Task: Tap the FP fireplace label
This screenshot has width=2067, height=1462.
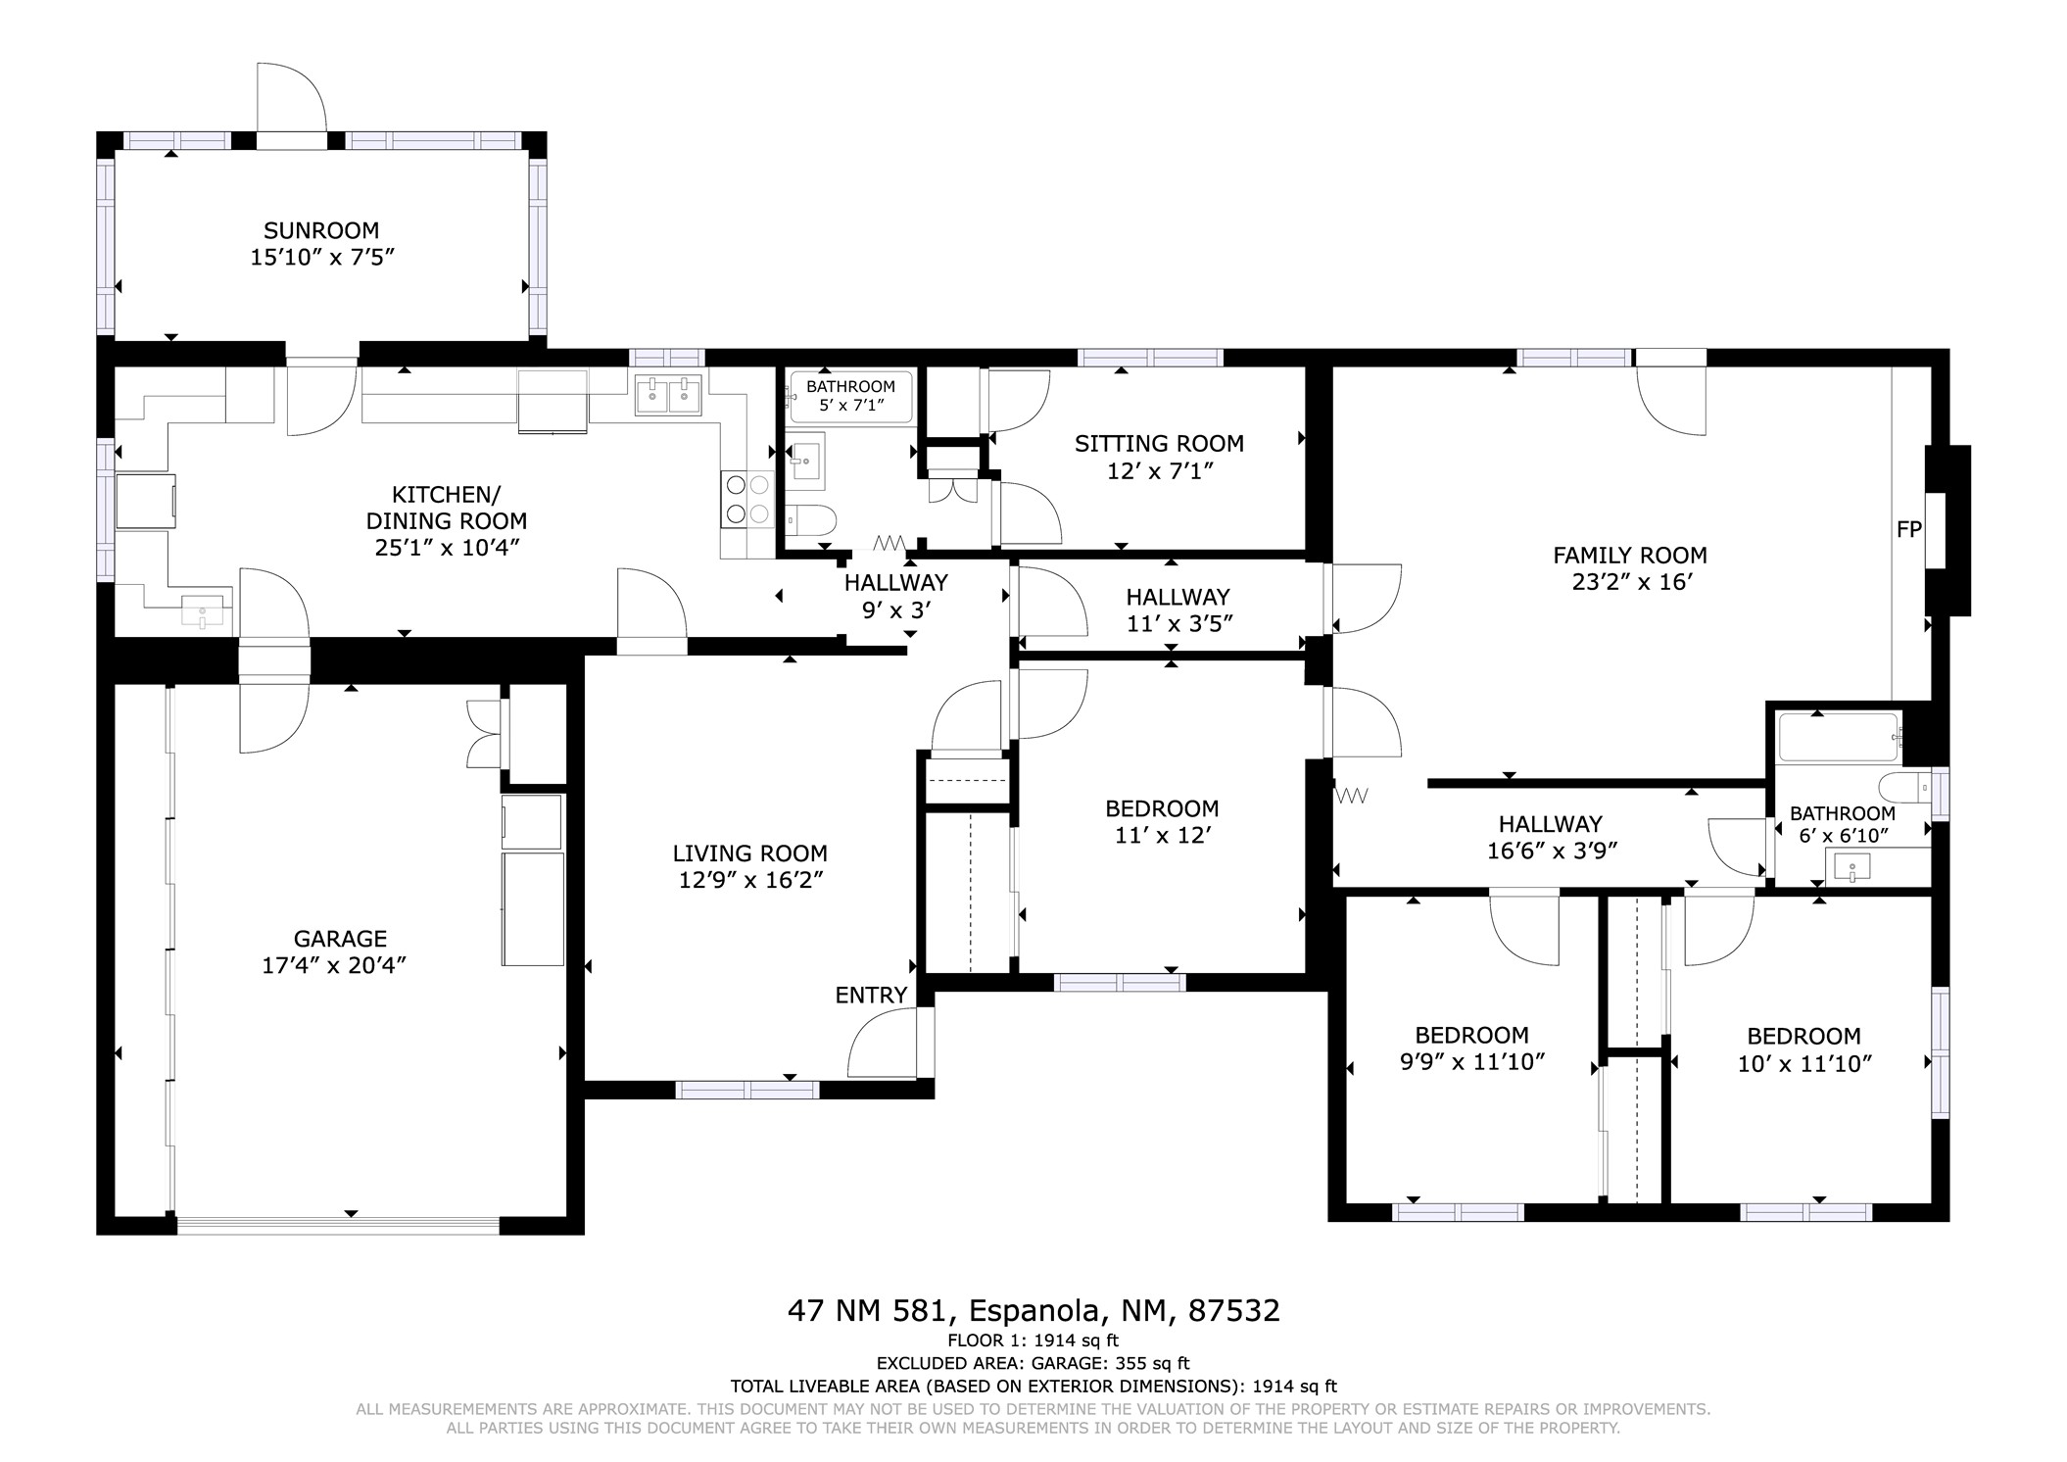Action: click(x=1908, y=529)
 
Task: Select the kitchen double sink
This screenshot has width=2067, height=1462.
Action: click(x=668, y=395)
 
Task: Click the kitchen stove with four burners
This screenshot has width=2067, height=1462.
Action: click(x=747, y=499)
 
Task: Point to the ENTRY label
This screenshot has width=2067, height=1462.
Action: click(x=871, y=996)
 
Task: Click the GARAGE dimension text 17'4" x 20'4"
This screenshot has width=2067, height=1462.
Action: click(x=334, y=965)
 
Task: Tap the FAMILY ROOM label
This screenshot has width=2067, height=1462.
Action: click(x=1630, y=556)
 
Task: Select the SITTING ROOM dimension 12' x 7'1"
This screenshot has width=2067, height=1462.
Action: click(x=1160, y=471)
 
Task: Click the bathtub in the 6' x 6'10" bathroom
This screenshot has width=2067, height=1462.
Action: click(x=1839, y=737)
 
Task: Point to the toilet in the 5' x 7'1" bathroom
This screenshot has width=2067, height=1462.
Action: click(x=810, y=519)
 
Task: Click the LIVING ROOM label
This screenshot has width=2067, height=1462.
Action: click(x=749, y=853)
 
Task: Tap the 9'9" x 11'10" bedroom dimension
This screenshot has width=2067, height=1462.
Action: click(x=1472, y=1062)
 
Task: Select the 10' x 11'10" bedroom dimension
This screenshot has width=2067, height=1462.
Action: click(x=1804, y=1063)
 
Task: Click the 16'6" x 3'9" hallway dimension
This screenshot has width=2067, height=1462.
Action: click(x=1552, y=851)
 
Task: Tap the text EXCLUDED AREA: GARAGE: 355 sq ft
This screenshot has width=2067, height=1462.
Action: click(x=1033, y=1363)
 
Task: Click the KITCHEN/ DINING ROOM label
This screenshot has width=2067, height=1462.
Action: click(x=447, y=508)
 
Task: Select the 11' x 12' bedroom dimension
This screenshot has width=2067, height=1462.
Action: click(x=1162, y=835)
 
